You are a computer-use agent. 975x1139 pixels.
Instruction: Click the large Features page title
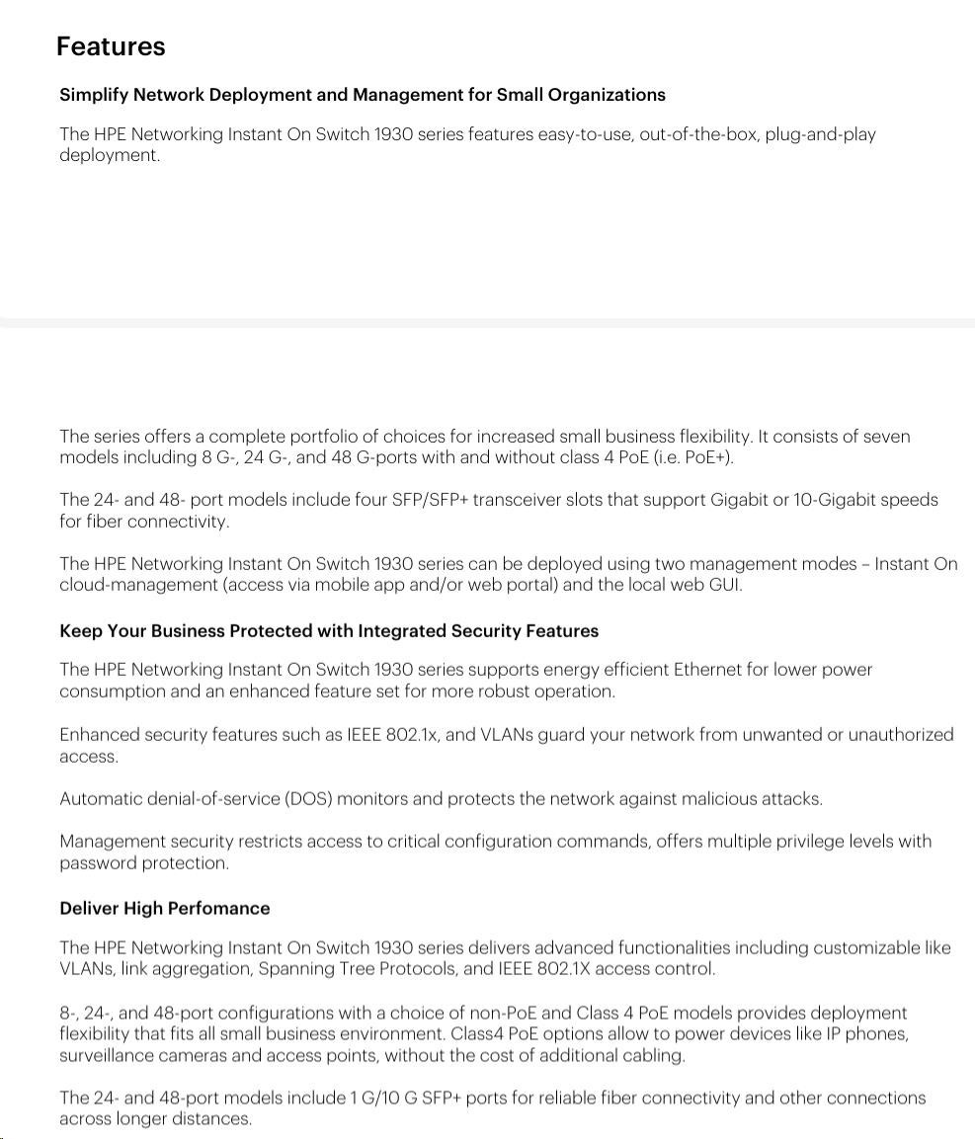111,46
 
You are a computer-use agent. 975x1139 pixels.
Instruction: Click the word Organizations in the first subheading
607,95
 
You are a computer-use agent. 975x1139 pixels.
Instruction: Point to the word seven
886,437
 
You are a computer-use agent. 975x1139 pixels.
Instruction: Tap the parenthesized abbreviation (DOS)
308,799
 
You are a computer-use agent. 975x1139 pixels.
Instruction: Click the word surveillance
103,1056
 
